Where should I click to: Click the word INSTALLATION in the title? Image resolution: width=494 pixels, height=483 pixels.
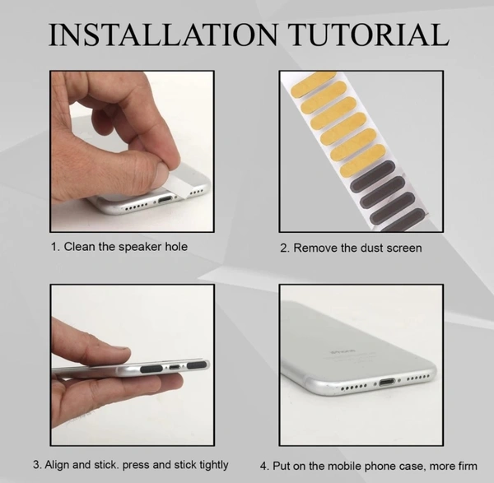point(163,35)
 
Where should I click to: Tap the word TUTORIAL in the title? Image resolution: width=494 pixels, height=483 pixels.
point(369,35)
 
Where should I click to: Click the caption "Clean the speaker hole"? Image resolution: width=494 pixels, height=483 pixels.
point(125,247)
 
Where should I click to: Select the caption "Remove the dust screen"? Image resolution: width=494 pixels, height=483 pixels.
point(357,248)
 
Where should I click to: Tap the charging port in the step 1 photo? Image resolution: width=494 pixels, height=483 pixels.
point(165,199)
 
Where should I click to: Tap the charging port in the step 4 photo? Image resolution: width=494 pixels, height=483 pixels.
point(387,383)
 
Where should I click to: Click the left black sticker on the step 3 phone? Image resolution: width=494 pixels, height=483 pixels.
point(151,369)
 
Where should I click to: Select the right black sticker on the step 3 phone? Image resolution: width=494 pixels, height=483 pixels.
point(197,365)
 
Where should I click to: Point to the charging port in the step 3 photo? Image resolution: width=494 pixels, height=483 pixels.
point(175,367)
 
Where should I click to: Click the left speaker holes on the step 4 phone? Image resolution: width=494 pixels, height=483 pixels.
point(354,387)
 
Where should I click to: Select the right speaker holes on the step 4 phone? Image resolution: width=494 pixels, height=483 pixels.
point(418,378)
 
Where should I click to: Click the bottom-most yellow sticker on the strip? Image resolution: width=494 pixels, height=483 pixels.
point(362,160)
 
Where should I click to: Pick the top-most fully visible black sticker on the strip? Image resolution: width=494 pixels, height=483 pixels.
point(373,175)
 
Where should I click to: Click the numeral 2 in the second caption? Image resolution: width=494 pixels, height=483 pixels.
point(283,248)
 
